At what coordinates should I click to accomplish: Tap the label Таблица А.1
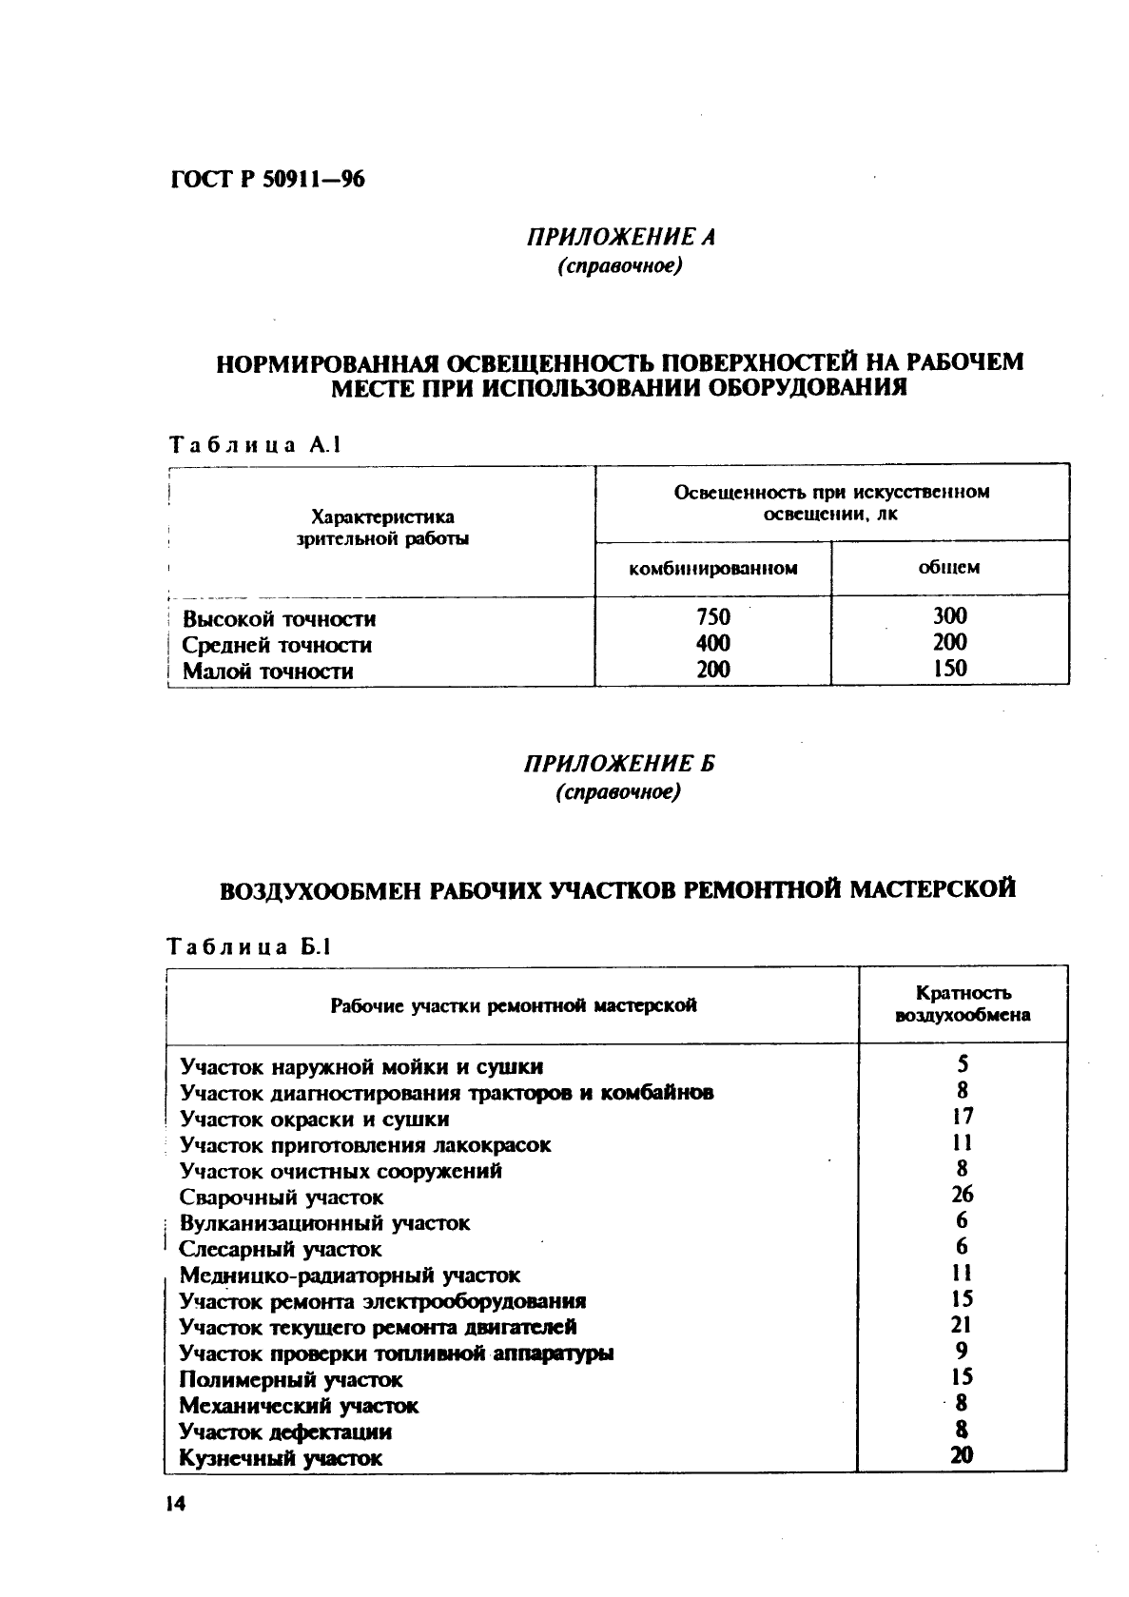click(x=254, y=444)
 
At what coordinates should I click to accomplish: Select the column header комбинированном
click(x=712, y=569)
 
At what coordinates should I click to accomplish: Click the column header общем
click(x=948, y=568)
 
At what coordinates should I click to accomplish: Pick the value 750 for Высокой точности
click(x=712, y=617)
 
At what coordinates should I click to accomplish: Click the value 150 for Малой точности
click(x=949, y=669)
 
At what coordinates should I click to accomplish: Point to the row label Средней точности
click(x=277, y=645)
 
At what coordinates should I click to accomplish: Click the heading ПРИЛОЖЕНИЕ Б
click(x=619, y=764)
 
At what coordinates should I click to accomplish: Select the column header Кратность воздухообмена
click(x=963, y=1003)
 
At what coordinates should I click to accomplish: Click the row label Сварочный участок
click(x=282, y=1198)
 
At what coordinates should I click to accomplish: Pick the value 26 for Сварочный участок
click(x=962, y=1195)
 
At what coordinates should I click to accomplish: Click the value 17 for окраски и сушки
click(x=963, y=1117)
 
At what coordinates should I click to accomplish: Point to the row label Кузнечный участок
click(x=281, y=1457)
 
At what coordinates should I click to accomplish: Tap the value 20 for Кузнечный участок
click(x=962, y=1454)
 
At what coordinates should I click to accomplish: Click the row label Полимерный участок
click(x=291, y=1379)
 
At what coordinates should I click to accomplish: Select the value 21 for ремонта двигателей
click(x=962, y=1325)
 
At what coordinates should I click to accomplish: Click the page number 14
click(x=175, y=1504)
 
